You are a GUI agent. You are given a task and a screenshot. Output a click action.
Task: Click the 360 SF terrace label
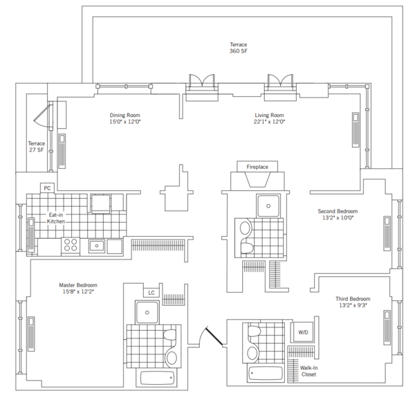coord(239,51)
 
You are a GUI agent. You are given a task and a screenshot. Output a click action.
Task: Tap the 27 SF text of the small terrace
coord(36,151)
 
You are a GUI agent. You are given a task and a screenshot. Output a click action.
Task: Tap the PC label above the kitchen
coord(47,188)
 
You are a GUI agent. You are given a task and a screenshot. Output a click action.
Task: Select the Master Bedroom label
coord(77,285)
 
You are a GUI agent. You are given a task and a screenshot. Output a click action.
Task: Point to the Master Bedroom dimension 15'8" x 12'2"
coord(77,292)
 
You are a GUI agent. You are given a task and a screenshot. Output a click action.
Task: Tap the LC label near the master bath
coord(151,293)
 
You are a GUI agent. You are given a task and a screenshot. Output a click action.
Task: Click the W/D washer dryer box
coord(303,332)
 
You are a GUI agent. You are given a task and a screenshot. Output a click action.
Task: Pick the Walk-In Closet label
coord(308,371)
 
